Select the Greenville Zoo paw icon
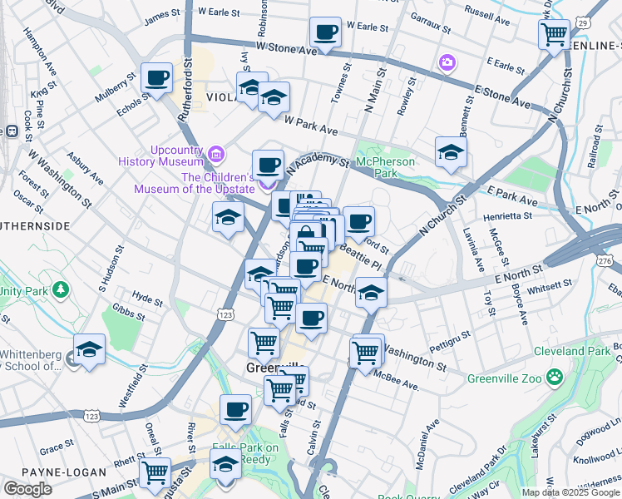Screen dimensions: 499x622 click(x=554, y=380)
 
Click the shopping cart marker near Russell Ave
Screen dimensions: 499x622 click(x=554, y=35)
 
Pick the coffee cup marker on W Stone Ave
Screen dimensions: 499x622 click(x=325, y=33)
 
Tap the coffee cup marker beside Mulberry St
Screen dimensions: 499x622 click(x=156, y=79)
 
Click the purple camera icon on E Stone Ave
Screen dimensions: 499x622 click(x=447, y=62)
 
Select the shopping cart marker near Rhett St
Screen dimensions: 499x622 click(x=155, y=472)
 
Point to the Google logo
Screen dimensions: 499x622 click(x=27, y=489)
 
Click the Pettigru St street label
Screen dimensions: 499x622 click(x=450, y=339)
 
